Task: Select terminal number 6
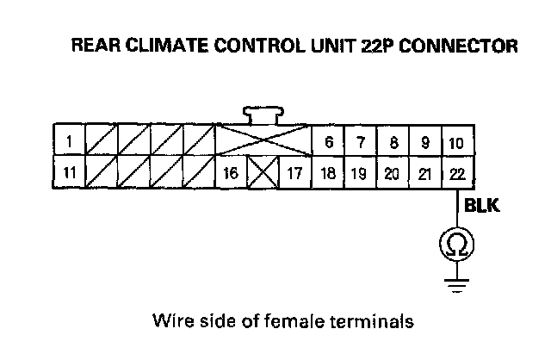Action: point(328,140)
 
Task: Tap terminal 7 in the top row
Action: point(361,140)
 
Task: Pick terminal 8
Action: point(393,140)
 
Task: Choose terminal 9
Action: point(424,140)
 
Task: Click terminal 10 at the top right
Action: point(456,140)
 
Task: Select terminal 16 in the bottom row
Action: point(230,172)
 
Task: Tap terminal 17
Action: point(294,172)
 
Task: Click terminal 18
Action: point(328,172)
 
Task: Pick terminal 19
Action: point(361,172)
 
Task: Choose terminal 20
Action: point(393,172)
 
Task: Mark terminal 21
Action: point(424,172)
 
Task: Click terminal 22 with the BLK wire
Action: point(456,172)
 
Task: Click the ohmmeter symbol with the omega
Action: point(457,246)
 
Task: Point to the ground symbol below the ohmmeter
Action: point(457,282)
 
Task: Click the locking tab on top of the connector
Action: point(263,114)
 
